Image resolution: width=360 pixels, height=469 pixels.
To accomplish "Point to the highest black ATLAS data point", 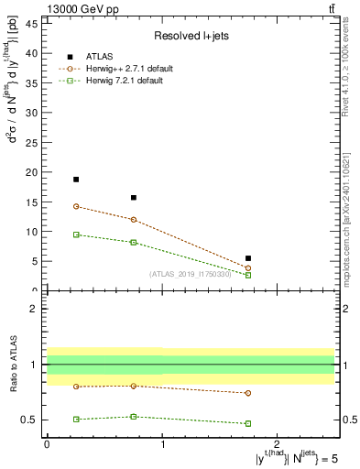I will pos(76,180).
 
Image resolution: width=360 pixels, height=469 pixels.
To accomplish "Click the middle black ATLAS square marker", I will pos(134,198).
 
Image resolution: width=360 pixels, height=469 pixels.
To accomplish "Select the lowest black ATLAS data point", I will pos(248,258).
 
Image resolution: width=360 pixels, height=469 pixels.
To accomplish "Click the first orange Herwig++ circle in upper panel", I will pos(76,206).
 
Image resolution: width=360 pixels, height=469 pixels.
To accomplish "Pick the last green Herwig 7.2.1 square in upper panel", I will pos(248,275).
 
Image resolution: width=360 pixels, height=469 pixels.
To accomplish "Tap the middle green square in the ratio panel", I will pos(134,417).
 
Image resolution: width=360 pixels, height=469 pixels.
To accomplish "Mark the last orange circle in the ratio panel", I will pos(248,393).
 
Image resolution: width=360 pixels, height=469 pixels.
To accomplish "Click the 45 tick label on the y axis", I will pos(32,23).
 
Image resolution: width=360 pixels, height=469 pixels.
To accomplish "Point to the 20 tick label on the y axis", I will pos(32,172).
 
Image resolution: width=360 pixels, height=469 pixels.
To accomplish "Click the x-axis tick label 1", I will pos(162,444).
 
